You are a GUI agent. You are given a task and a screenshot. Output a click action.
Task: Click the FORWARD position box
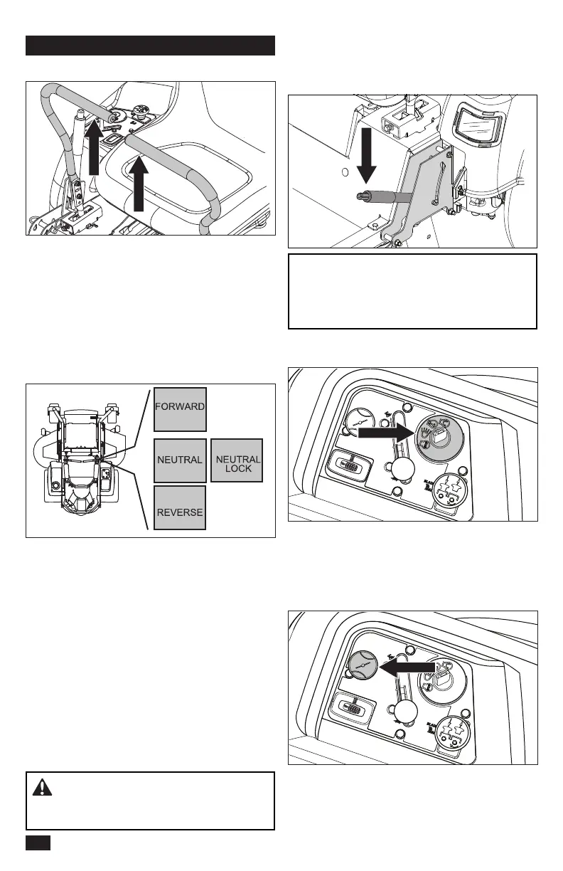(181, 409)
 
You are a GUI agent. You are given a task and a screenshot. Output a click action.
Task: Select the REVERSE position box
(181, 508)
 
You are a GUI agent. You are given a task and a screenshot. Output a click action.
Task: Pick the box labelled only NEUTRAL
(181, 460)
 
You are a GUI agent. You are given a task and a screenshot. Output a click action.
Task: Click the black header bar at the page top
(150, 46)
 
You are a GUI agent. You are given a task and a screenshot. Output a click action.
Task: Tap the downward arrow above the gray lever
(367, 154)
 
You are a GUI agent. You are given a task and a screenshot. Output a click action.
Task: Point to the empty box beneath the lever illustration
(412, 291)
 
